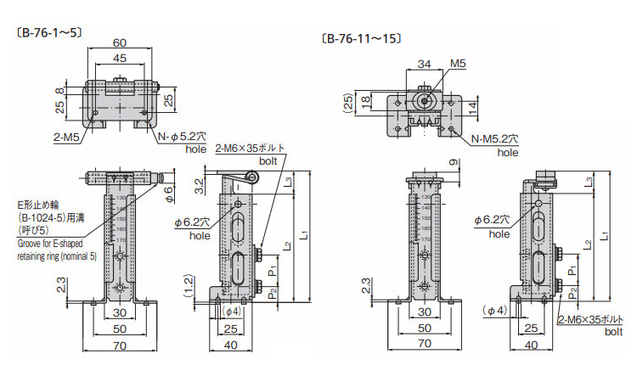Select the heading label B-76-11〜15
[362, 38]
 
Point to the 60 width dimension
[120, 42]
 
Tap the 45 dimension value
[120, 58]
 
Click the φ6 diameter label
[169, 194]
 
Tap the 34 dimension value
[425, 64]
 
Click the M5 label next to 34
[458, 64]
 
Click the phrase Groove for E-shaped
[53, 243]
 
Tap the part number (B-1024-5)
[45, 218]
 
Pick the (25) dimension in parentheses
[347, 103]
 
